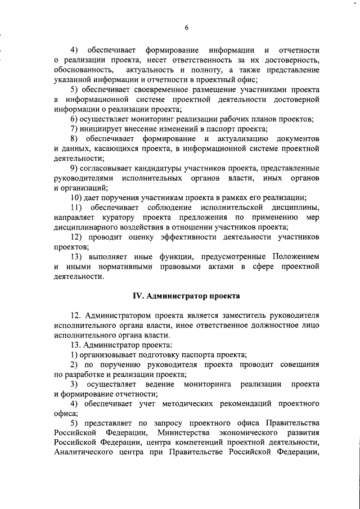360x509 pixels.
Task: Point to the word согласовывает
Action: click(109, 169)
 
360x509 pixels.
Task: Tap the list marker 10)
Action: click(76, 197)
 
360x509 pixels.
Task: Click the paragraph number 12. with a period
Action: click(76, 315)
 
